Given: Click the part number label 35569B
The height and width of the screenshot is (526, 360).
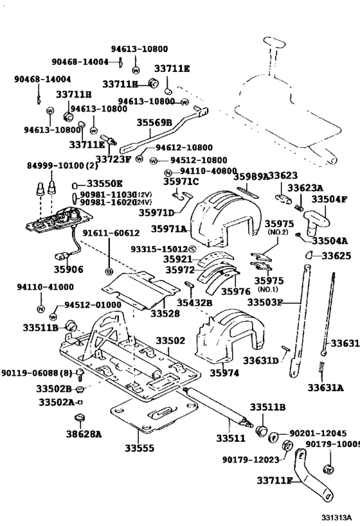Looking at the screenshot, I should [154, 123].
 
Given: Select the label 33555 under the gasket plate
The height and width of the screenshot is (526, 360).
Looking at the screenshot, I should [139, 448].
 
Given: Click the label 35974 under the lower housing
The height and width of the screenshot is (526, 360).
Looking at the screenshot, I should [226, 373].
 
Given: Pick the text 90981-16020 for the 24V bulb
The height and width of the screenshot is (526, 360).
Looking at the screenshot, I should [107, 202].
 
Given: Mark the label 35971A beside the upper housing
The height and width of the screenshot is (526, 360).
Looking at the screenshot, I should [168, 229].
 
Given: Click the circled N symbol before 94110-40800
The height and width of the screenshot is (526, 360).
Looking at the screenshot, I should [168, 172].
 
